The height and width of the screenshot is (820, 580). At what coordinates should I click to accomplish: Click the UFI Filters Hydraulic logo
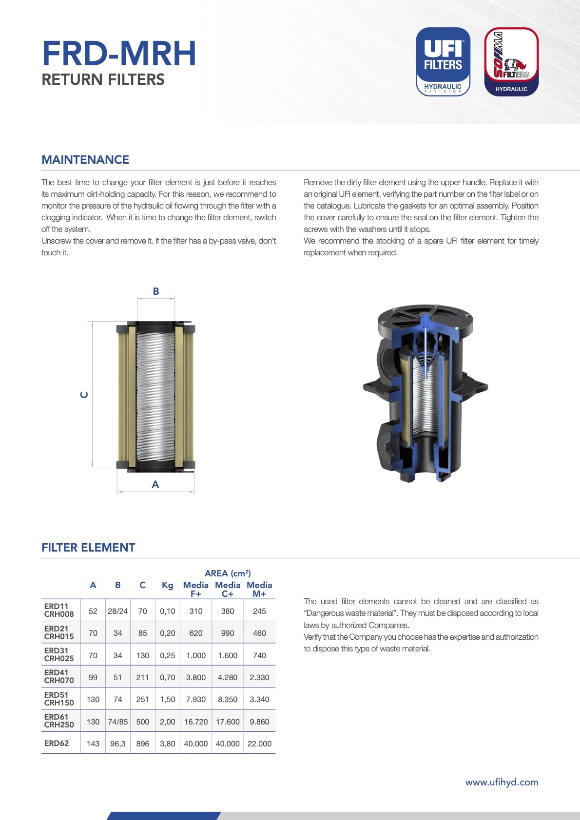tap(443, 61)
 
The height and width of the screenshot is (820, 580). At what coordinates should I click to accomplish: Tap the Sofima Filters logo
tap(511, 61)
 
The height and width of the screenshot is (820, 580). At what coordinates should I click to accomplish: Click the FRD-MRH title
tap(119, 53)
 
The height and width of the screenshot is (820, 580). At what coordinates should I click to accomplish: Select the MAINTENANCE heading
tap(85, 160)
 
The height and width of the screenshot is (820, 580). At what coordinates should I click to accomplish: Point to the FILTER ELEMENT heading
tap(88, 548)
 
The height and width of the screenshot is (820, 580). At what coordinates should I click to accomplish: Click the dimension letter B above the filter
tap(156, 291)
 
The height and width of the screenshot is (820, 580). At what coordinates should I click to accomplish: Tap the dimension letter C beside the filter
tap(84, 395)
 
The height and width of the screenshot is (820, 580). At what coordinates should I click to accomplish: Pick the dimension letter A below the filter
tap(155, 484)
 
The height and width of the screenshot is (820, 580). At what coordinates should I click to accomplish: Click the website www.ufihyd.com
tap(502, 782)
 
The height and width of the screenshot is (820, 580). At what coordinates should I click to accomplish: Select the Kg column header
tap(167, 585)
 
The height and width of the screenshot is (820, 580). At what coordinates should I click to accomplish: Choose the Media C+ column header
tap(228, 589)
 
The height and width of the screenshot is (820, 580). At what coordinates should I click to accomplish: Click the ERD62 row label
tap(57, 743)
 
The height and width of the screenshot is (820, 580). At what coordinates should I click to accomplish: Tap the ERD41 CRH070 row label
tap(59, 677)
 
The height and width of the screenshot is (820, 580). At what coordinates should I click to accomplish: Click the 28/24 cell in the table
tap(118, 611)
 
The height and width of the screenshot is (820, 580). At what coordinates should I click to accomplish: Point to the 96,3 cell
tap(118, 744)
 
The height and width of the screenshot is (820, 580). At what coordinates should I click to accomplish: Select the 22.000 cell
tap(259, 744)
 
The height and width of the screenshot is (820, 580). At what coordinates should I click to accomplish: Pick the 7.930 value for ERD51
tap(196, 699)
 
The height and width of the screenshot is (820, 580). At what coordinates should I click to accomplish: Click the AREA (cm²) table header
tap(228, 573)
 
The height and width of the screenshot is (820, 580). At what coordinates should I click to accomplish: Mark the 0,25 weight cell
tap(167, 655)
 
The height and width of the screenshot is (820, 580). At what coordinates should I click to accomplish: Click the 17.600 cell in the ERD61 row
tap(228, 722)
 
